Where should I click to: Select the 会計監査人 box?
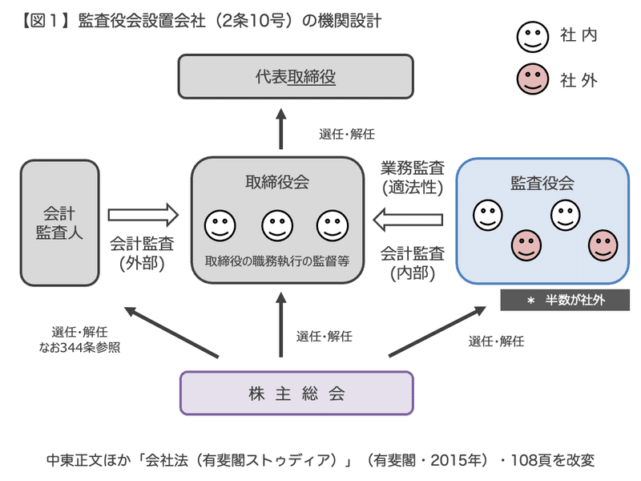pos(60,222)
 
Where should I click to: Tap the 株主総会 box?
pos(296,393)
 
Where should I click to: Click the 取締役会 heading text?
pos(277,182)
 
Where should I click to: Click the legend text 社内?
pos(579,35)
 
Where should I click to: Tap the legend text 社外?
pos(579,80)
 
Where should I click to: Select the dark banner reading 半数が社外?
pos(565,301)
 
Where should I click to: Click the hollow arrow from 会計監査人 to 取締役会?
pos(143,215)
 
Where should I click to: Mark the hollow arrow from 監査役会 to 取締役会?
pos(409,216)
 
